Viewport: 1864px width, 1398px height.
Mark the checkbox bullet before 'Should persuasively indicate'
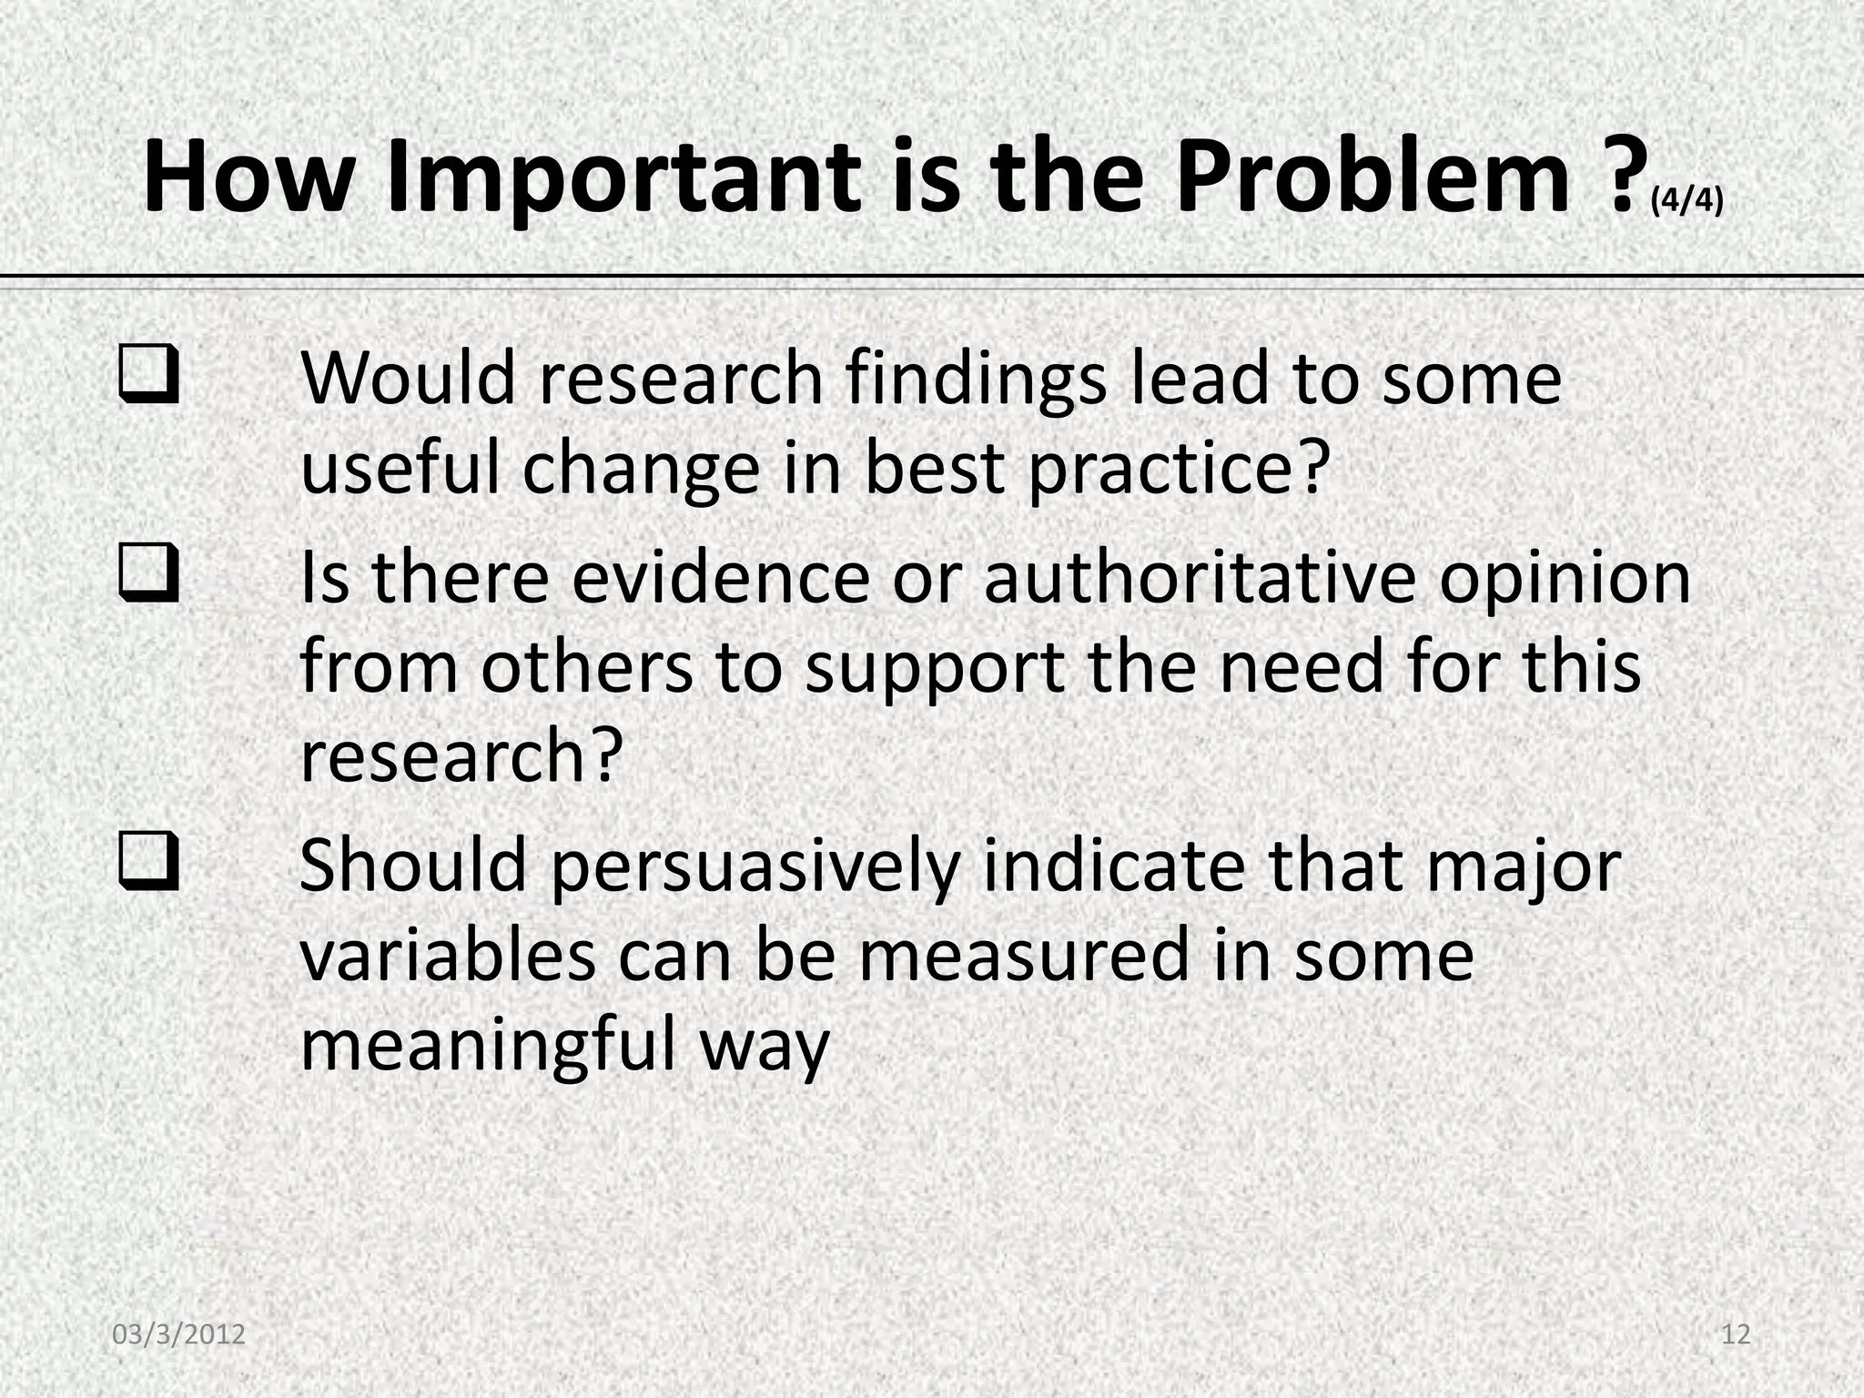[x=147, y=865]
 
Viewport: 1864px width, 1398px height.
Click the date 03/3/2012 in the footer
[x=179, y=1334]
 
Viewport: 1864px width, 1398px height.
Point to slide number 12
[x=1736, y=1334]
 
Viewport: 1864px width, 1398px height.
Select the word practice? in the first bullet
[x=1180, y=469]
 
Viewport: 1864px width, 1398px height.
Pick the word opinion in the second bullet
[x=1564, y=579]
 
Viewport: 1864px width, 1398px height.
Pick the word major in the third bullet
[x=1523, y=866]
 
